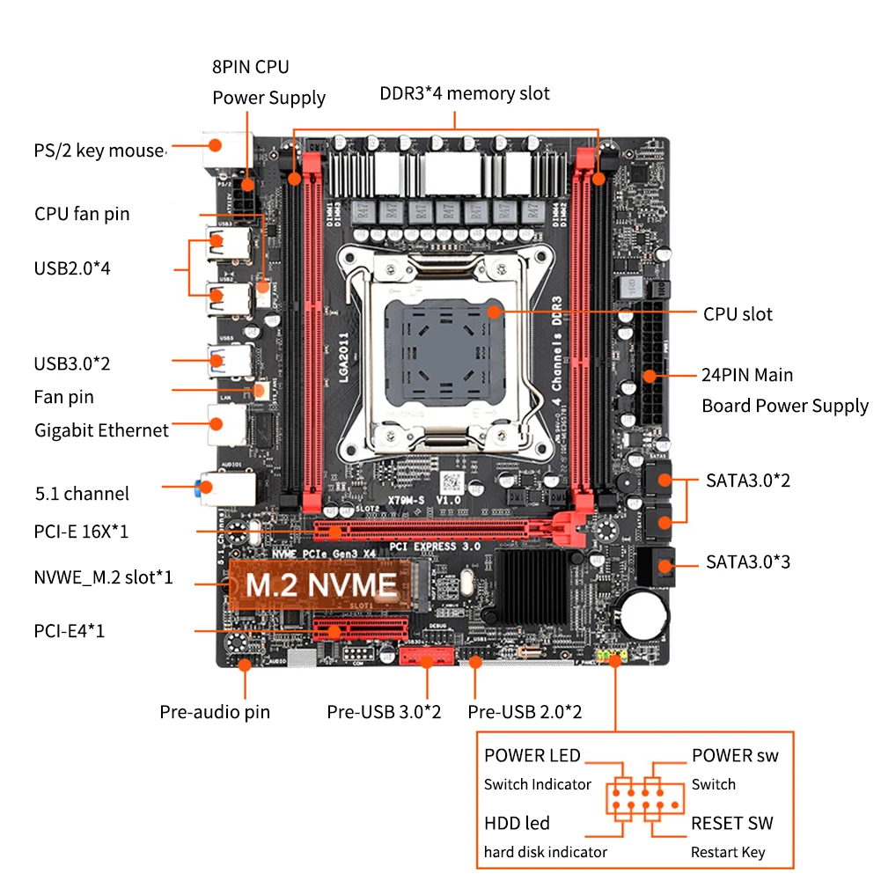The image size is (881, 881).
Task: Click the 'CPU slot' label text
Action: [x=737, y=314]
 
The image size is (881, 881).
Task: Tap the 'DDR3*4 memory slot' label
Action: [x=465, y=93]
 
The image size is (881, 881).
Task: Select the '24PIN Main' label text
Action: [x=746, y=375]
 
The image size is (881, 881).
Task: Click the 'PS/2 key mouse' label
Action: [x=99, y=151]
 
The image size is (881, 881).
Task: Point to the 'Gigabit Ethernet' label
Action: [x=101, y=429]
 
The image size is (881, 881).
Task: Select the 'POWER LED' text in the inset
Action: [x=532, y=755]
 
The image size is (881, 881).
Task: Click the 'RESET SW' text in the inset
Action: [x=731, y=823]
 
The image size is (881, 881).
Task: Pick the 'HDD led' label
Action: [x=517, y=823]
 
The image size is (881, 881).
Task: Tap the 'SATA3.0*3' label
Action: [x=747, y=561]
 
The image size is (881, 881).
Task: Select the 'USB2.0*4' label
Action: [x=72, y=268]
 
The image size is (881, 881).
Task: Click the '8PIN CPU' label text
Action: [x=250, y=67]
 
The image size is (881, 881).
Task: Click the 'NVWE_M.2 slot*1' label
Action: [x=103, y=578]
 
